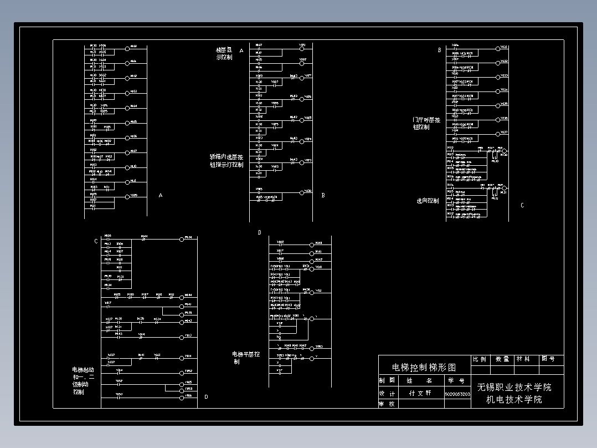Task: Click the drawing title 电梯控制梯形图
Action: click(424, 367)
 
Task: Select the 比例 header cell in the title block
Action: click(480, 359)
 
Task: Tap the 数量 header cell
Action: click(502, 359)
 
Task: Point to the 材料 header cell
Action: click(523, 359)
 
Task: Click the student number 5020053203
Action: click(457, 394)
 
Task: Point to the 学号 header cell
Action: click(457, 381)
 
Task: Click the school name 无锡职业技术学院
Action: click(514, 387)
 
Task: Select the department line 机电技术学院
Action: click(514, 399)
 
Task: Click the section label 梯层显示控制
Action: click(224, 53)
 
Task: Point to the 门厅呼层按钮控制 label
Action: click(426, 123)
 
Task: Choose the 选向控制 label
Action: click(428, 201)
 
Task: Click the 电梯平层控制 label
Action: click(245, 357)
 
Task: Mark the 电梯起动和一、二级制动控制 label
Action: click(83, 380)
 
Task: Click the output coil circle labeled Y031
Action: click(496, 48)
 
